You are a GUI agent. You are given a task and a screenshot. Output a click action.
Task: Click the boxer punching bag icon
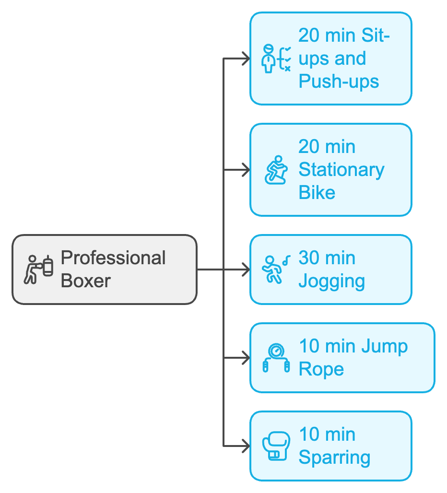point(39,270)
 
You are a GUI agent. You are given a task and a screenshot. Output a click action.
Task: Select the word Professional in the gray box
point(113,258)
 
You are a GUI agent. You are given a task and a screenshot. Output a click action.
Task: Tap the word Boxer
point(86,281)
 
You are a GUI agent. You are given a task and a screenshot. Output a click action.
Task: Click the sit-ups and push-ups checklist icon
point(276,59)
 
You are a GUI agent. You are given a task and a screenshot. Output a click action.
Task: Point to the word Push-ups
point(339,82)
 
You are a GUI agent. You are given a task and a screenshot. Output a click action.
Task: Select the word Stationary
point(341,170)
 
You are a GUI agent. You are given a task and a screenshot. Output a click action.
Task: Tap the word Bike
point(317,193)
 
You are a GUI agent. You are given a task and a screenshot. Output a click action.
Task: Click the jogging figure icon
point(275,270)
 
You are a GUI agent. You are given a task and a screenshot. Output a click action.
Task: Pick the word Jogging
point(331,281)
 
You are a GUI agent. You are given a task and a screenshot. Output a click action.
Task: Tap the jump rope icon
point(276,358)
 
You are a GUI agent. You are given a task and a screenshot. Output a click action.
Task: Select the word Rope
point(321,369)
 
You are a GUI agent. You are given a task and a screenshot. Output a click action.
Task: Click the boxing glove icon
point(276,446)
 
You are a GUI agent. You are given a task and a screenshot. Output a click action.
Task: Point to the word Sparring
point(334,458)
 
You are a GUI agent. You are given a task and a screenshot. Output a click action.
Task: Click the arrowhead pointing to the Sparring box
point(246,446)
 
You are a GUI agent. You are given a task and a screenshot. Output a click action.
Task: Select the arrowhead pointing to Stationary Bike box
point(246,170)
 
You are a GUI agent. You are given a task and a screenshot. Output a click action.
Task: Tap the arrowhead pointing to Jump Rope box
point(246,358)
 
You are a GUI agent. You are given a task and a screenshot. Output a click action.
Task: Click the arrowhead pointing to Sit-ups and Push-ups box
point(246,59)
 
